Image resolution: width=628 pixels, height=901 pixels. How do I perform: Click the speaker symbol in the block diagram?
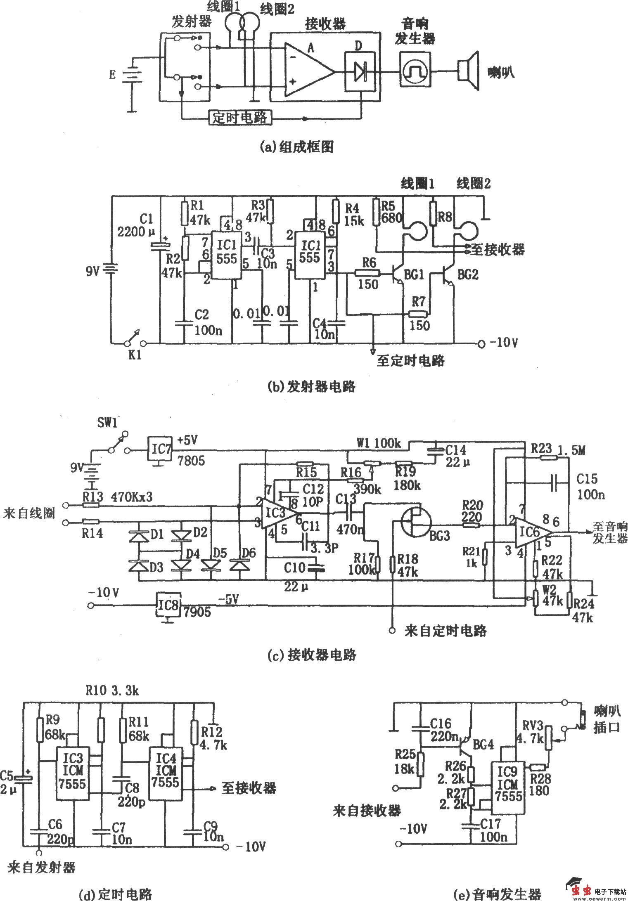468,71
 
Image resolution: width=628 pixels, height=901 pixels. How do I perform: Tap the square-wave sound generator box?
415,69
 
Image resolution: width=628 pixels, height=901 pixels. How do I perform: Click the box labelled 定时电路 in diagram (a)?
239,118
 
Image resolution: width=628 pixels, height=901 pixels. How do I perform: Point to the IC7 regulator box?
160,449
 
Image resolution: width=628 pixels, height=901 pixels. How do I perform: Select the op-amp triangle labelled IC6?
533,533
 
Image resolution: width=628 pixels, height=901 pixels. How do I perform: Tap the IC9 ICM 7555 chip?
507,784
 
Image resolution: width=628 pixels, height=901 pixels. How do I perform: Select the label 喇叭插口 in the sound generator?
607,720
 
